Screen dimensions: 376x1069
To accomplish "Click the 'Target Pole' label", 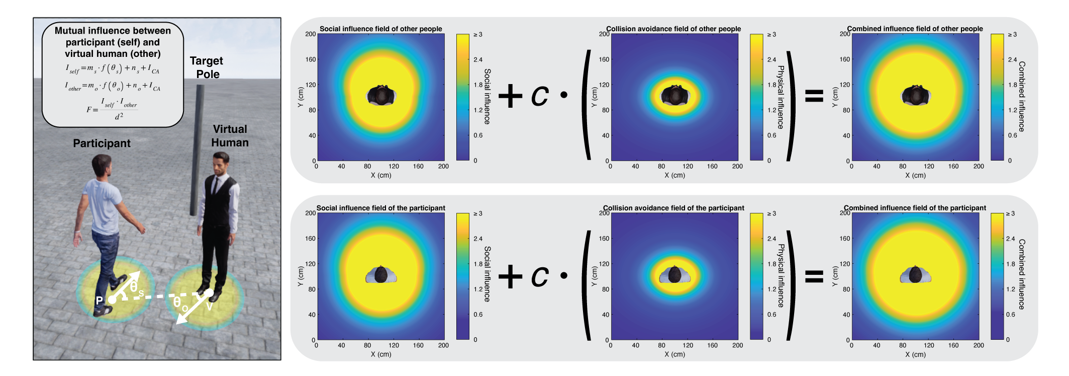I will tap(207, 67).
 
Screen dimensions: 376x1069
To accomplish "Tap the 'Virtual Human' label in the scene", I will tap(230, 136).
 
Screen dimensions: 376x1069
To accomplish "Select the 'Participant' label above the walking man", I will tap(102, 143).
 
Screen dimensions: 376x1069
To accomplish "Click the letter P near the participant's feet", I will tap(99, 300).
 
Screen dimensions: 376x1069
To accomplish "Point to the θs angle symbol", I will tap(136, 287).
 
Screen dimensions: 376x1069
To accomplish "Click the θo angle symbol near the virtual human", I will tap(180, 304).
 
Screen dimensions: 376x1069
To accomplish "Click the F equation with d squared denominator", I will tap(113, 108).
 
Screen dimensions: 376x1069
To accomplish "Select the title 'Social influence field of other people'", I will tap(380, 29).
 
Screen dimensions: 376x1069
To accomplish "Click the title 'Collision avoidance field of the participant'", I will tap(673, 208).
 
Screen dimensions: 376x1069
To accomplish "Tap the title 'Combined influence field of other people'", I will tap(914, 29).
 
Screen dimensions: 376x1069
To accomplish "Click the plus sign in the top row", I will tap(511, 96).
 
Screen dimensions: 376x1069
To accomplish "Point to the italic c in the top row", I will tap(540, 96).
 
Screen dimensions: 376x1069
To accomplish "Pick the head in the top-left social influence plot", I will tap(381, 95).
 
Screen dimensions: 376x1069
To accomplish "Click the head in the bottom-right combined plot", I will tap(915, 275).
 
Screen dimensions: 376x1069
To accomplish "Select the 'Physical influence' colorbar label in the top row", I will tap(781, 97).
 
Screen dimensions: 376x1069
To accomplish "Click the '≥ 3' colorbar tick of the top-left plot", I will tap(477, 35).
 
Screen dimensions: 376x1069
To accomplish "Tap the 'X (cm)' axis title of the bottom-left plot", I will tap(380, 354).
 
